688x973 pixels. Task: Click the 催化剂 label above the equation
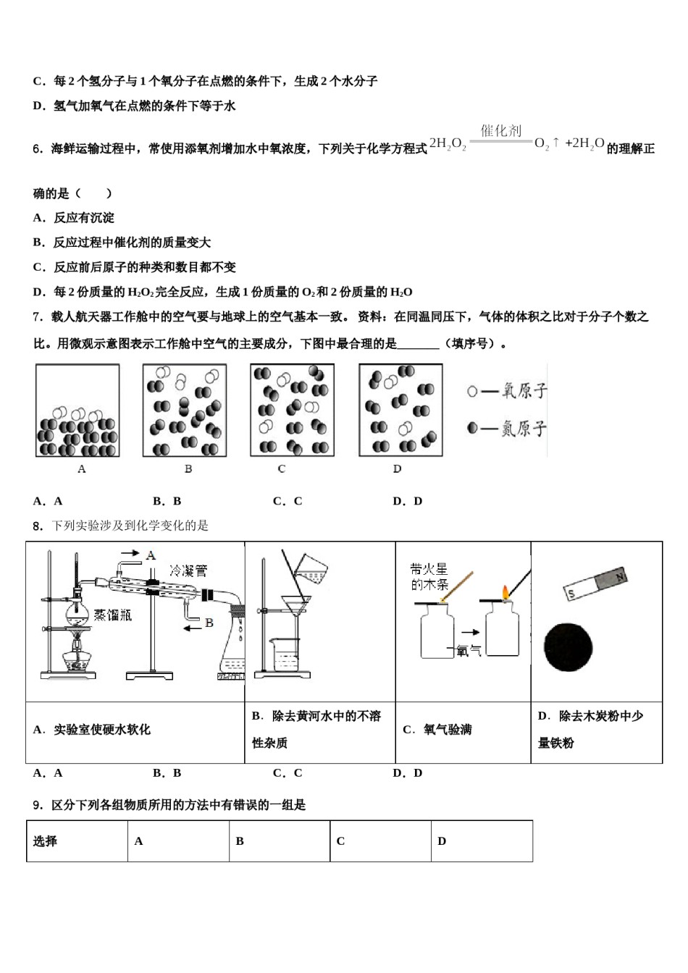click(x=501, y=131)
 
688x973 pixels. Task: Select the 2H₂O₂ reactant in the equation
click(x=448, y=144)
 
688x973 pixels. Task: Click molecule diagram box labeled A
click(x=77, y=410)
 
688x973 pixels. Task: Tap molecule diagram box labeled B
click(x=185, y=410)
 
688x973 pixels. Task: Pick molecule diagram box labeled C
click(x=292, y=410)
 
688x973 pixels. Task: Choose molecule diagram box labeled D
click(x=400, y=410)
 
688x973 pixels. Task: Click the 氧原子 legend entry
click(x=507, y=391)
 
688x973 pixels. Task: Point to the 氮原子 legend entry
click(x=507, y=429)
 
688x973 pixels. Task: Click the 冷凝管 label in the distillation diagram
click(x=188, y=570)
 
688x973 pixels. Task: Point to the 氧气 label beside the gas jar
click(x=469, y=651)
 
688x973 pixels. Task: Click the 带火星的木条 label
click(x=429, y=577)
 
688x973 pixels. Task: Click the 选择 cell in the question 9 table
click(x=46, y=841)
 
